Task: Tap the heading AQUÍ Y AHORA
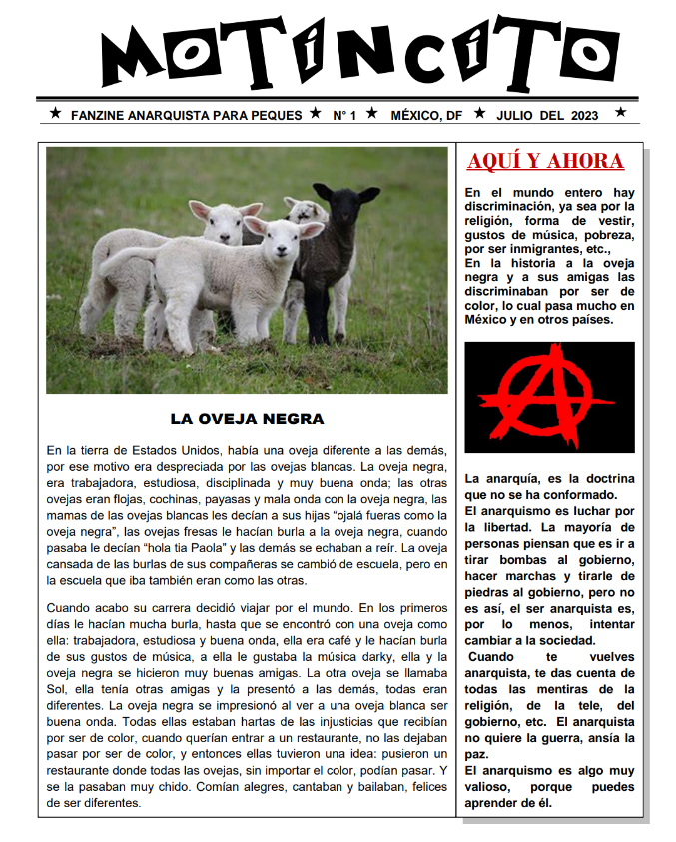545,162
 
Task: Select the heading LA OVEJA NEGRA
247,420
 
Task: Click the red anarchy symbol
548,397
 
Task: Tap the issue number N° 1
344,115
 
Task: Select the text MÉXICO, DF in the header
426,115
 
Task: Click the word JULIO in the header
514,115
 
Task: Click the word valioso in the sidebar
491,787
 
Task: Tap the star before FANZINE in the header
55,114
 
